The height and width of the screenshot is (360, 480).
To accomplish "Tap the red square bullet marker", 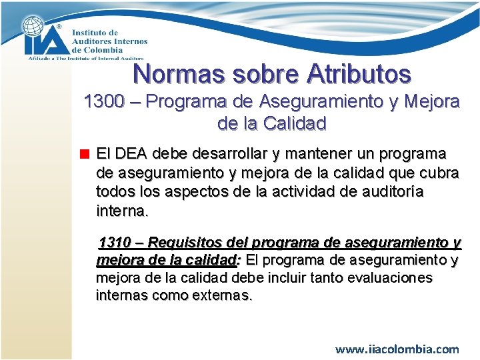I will click(x=85, y=154).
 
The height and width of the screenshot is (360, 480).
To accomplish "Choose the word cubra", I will click(x=435, y=173).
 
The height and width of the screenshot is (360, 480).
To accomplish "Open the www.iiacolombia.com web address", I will click(x=397, y=349).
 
